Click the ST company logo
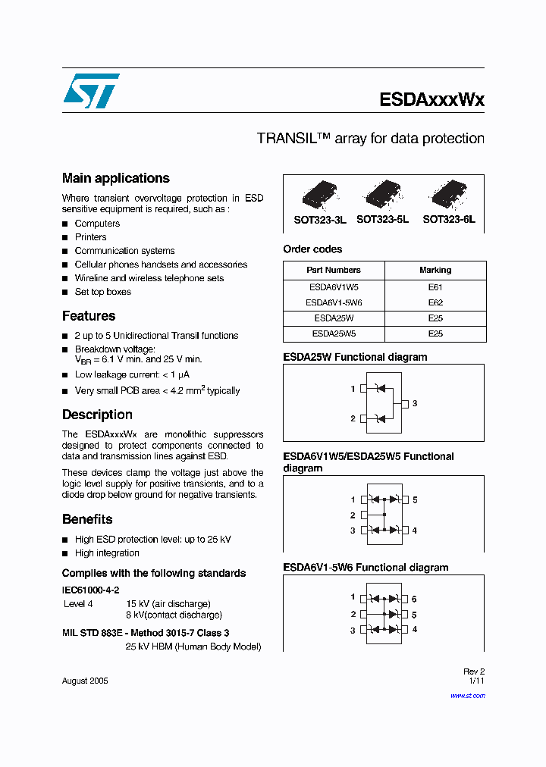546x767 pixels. click(x=91, y=91)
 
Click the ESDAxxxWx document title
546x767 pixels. click(x=431, y=99)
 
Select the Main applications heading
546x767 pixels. click(x=115, y=178)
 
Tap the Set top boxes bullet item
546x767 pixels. click(x=102, y=292)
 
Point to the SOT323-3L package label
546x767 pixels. click(x=320, y=220)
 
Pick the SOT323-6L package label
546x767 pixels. click(x=449, y=220)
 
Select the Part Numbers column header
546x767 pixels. click(x=334, y=270)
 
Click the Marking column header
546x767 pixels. click(x=435, y=270)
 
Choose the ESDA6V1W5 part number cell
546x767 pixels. click(x=334, y=288)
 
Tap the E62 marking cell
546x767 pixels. click(x=435, y=302)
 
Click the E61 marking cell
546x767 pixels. click(x=435, y=288)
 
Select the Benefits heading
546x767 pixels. click(x=87, y=519)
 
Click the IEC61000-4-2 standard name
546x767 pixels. click(x=90, y=590)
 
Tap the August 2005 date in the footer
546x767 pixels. click(x=85, y=681)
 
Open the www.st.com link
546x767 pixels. click(x=467, y=695)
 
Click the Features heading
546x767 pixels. click(x=89, y=316)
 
